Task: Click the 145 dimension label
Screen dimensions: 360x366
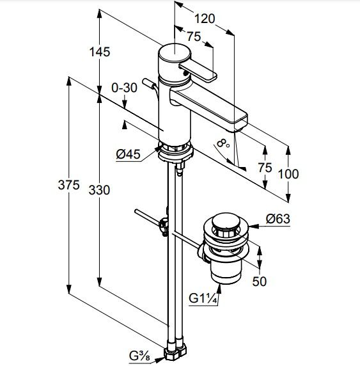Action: (100, 52)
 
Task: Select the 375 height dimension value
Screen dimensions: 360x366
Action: (68, 185)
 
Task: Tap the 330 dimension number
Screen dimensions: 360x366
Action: (99, 190)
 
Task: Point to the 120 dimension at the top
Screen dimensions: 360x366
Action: (205, 19)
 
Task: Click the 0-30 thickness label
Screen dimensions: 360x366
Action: (124, 88)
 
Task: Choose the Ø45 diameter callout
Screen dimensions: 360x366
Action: (129, 154)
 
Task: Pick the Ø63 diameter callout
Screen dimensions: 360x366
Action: (278, 219)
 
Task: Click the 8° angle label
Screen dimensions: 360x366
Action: (223, 143)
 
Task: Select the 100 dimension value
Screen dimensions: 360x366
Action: (288, 174)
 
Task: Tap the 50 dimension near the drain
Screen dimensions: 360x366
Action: (259, 282)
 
